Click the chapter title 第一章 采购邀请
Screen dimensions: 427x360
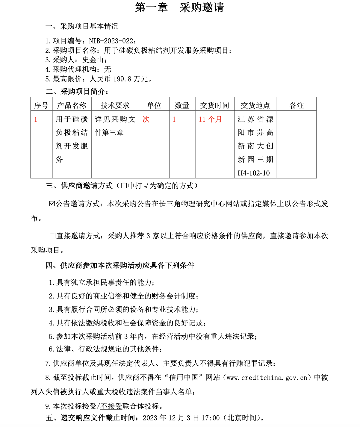click(179, 8)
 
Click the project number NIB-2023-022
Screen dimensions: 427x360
click(111, 41)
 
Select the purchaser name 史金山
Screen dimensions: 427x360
click(93, 60)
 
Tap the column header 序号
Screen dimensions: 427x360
click(41, 105)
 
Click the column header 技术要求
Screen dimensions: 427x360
click(115, 105)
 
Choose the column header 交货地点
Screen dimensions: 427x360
click(255, 105)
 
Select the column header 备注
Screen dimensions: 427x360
click(297, 105)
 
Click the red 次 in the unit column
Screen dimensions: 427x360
click(146, 119)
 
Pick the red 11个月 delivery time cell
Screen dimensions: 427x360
click(210, 119)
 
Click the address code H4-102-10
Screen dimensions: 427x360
click(253, 173)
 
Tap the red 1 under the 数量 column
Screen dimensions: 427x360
click(174, 119)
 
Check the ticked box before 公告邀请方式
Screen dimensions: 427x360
click(52, 204)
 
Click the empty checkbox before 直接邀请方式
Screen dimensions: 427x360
click(52, 236)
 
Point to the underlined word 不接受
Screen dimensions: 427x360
click(111, 406)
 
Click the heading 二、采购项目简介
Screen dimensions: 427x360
click(77, 92)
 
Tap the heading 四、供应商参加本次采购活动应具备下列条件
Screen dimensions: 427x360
click(120, 265)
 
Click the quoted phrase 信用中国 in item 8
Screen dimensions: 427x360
click(183, 378)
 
